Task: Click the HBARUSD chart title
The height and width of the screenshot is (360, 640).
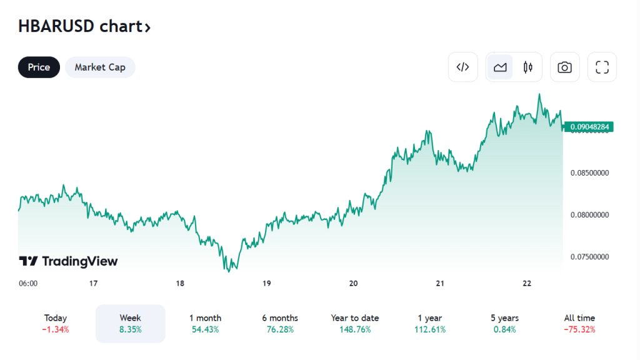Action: pos(84,27)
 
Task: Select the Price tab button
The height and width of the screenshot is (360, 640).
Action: pos(39,67)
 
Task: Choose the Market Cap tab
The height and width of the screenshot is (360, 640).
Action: pos(100,67)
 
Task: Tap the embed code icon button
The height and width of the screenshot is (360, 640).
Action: pos(462,67)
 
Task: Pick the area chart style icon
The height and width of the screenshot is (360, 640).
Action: pos(500,67)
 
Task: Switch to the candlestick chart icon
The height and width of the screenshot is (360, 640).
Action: pos(528,67)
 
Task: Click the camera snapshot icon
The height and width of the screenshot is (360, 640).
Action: pos(564,67)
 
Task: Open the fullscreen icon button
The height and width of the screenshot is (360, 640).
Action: pos(602,67)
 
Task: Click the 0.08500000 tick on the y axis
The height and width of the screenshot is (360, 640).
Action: pos(590,172)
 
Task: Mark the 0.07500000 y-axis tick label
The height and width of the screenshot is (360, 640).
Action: pos(590,257)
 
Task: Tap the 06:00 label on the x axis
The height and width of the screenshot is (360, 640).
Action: pos(28,283)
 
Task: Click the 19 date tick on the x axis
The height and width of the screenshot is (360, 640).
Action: pos(266,283)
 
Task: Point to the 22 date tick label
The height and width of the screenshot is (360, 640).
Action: pos(527,283)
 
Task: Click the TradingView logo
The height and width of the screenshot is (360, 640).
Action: pos(68,261)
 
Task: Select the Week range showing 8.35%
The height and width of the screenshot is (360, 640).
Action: pos(130,324)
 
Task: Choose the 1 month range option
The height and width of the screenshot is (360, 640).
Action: pos(205,324)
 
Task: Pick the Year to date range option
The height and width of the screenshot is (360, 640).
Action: pos(355,324)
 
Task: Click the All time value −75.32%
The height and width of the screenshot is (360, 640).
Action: pos(579,329)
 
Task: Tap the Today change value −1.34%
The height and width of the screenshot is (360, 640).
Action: pos(56,329)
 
